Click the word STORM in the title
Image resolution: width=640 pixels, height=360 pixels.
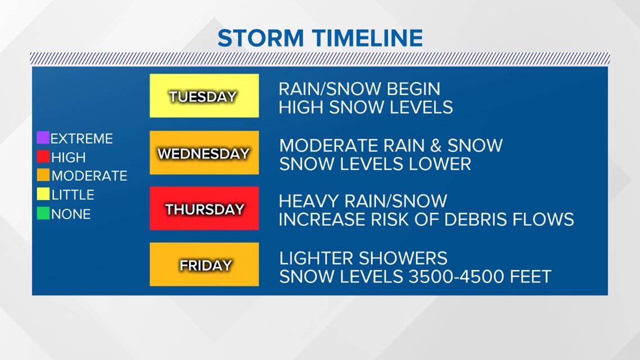click(x=260, y=38)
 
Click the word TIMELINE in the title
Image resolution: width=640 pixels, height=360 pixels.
click(x=368, y=38)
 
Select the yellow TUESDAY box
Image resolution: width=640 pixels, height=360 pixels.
click(x=204, y=95)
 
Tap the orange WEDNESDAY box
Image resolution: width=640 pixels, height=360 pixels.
click(x=204, y=153)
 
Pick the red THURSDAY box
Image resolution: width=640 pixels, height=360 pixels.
click(x=204, y=208)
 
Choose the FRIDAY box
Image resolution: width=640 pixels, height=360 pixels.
click(x=204, y=264)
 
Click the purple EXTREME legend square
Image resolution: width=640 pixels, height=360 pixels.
click(x=43, y=138)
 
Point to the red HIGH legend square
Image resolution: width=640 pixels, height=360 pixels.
click(x=43, y=156)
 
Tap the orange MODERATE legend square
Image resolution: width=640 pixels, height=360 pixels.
click(x=43, y=175)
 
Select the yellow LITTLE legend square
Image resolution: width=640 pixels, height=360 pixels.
click(x=43, y=194)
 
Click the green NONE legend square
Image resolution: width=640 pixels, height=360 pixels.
click(x=43, y=213)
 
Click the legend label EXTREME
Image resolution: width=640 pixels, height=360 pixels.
click(x=81, y=139)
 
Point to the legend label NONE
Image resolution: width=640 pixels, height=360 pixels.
click(x=71, y=214)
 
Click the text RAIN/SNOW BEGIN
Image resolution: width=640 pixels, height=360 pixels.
click(x=360, y=89)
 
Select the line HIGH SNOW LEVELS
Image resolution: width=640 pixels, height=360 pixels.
click(x=365, y=107)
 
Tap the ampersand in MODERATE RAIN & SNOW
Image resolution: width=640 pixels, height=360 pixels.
click(x=436, y=145)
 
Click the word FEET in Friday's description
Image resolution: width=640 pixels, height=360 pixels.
click(x=531, y=277)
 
